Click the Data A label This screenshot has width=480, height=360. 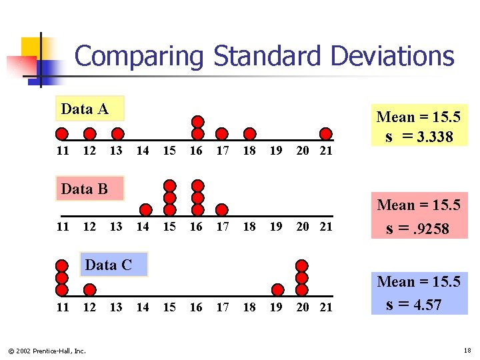[x=84, y=109]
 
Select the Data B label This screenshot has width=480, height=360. [x=84, y=189]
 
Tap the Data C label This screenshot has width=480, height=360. [x=108, y=265]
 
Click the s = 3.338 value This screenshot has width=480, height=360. [x=419, y=137]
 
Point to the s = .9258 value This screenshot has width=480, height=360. [x=418, y=229]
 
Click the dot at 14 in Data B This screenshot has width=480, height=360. [x=144, y=210]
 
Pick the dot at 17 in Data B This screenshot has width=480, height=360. [x=223, y=210]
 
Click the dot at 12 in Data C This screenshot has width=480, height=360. [x=89, y=290]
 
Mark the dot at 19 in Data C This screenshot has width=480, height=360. [x=278, y=290]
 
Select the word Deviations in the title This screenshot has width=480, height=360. [x=392, y=56]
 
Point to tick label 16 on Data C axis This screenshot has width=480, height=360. [x=196, y=307]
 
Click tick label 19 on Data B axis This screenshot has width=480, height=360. [x=276, y=227]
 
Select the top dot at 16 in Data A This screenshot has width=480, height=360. [x=197, y=121]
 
